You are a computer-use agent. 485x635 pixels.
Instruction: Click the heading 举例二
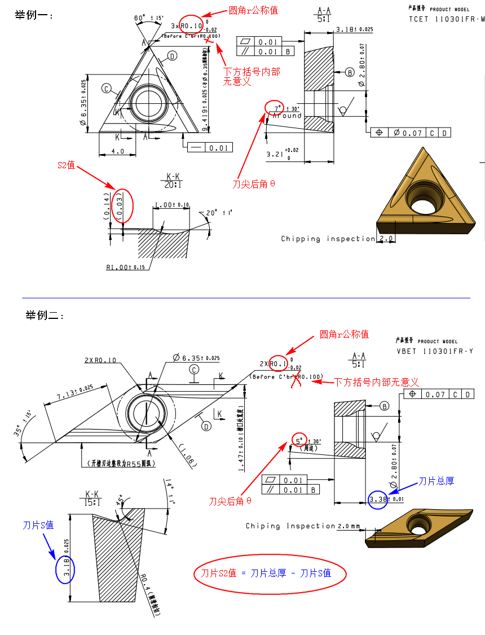(45, 315)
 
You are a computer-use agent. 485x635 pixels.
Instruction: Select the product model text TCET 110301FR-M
(446, 19)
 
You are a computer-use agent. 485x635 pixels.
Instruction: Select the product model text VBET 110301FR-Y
(434, 351)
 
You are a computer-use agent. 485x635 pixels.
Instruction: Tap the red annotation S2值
(66, 165)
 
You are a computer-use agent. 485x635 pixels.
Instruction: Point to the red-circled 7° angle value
(276, 107)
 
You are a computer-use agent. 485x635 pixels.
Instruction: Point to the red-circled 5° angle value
(299, 439)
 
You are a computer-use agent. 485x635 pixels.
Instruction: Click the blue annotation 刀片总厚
(435, 481)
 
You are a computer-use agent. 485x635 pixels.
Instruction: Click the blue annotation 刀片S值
(38, 525)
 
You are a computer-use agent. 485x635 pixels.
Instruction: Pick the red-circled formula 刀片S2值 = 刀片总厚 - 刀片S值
(270, 573)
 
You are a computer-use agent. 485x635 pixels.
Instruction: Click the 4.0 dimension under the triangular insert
(117, 151)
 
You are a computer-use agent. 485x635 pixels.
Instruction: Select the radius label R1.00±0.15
(125, 267)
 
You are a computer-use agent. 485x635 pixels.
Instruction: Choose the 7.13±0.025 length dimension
(74, 393)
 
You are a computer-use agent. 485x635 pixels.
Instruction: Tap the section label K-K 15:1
(93, 497)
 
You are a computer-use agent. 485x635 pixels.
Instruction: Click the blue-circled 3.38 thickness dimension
(378, 500)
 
